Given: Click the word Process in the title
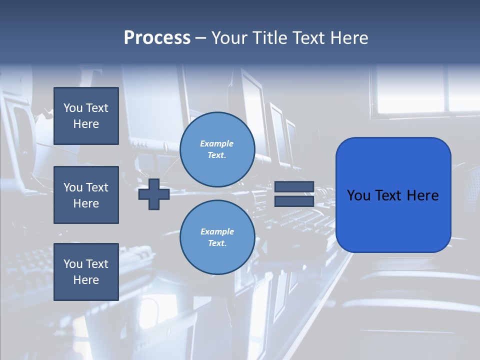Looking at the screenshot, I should click(157, 38).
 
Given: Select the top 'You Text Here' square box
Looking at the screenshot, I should click(86, 116).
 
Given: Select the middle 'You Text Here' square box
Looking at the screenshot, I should click(86, 195).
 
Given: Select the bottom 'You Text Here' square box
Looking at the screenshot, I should click(86, 272).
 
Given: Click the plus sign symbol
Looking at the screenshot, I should click(154, 194).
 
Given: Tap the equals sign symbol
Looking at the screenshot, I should click(294, 194).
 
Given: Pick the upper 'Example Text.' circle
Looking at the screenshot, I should click(217, 149).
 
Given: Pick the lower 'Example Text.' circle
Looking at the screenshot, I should click(217, 237).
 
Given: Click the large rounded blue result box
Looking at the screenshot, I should click(393, 195).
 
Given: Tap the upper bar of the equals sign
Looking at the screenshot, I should click(294, 187).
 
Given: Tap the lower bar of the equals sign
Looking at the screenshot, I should click(294, 201).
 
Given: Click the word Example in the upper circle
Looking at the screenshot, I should click(217, 143).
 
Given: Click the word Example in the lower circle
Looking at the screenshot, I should click(217, 231).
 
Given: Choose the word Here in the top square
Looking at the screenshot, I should click(86, 124).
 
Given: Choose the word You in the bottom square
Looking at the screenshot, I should click(73, 264).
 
